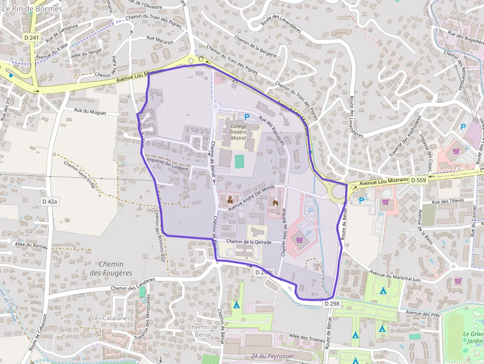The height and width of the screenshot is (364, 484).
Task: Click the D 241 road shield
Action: click(x=31, y=38)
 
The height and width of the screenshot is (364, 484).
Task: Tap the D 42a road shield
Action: click(x=50, y=202)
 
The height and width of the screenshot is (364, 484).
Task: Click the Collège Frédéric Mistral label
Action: click(x=238, y=132)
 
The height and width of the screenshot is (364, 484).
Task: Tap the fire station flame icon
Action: click(x=275, y=202)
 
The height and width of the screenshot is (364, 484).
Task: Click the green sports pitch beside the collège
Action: click(x=240, y=162)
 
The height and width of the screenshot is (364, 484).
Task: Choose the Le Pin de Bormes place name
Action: click(x=32, y=9)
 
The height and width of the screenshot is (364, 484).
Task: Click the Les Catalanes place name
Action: click(x=111, y=318)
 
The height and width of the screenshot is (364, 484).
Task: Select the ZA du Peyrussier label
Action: click(x=273, y=356)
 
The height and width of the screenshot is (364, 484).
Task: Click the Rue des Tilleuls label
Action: click(x=448, y=202)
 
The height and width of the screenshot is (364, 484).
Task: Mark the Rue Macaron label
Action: click(x=160, y=40)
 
